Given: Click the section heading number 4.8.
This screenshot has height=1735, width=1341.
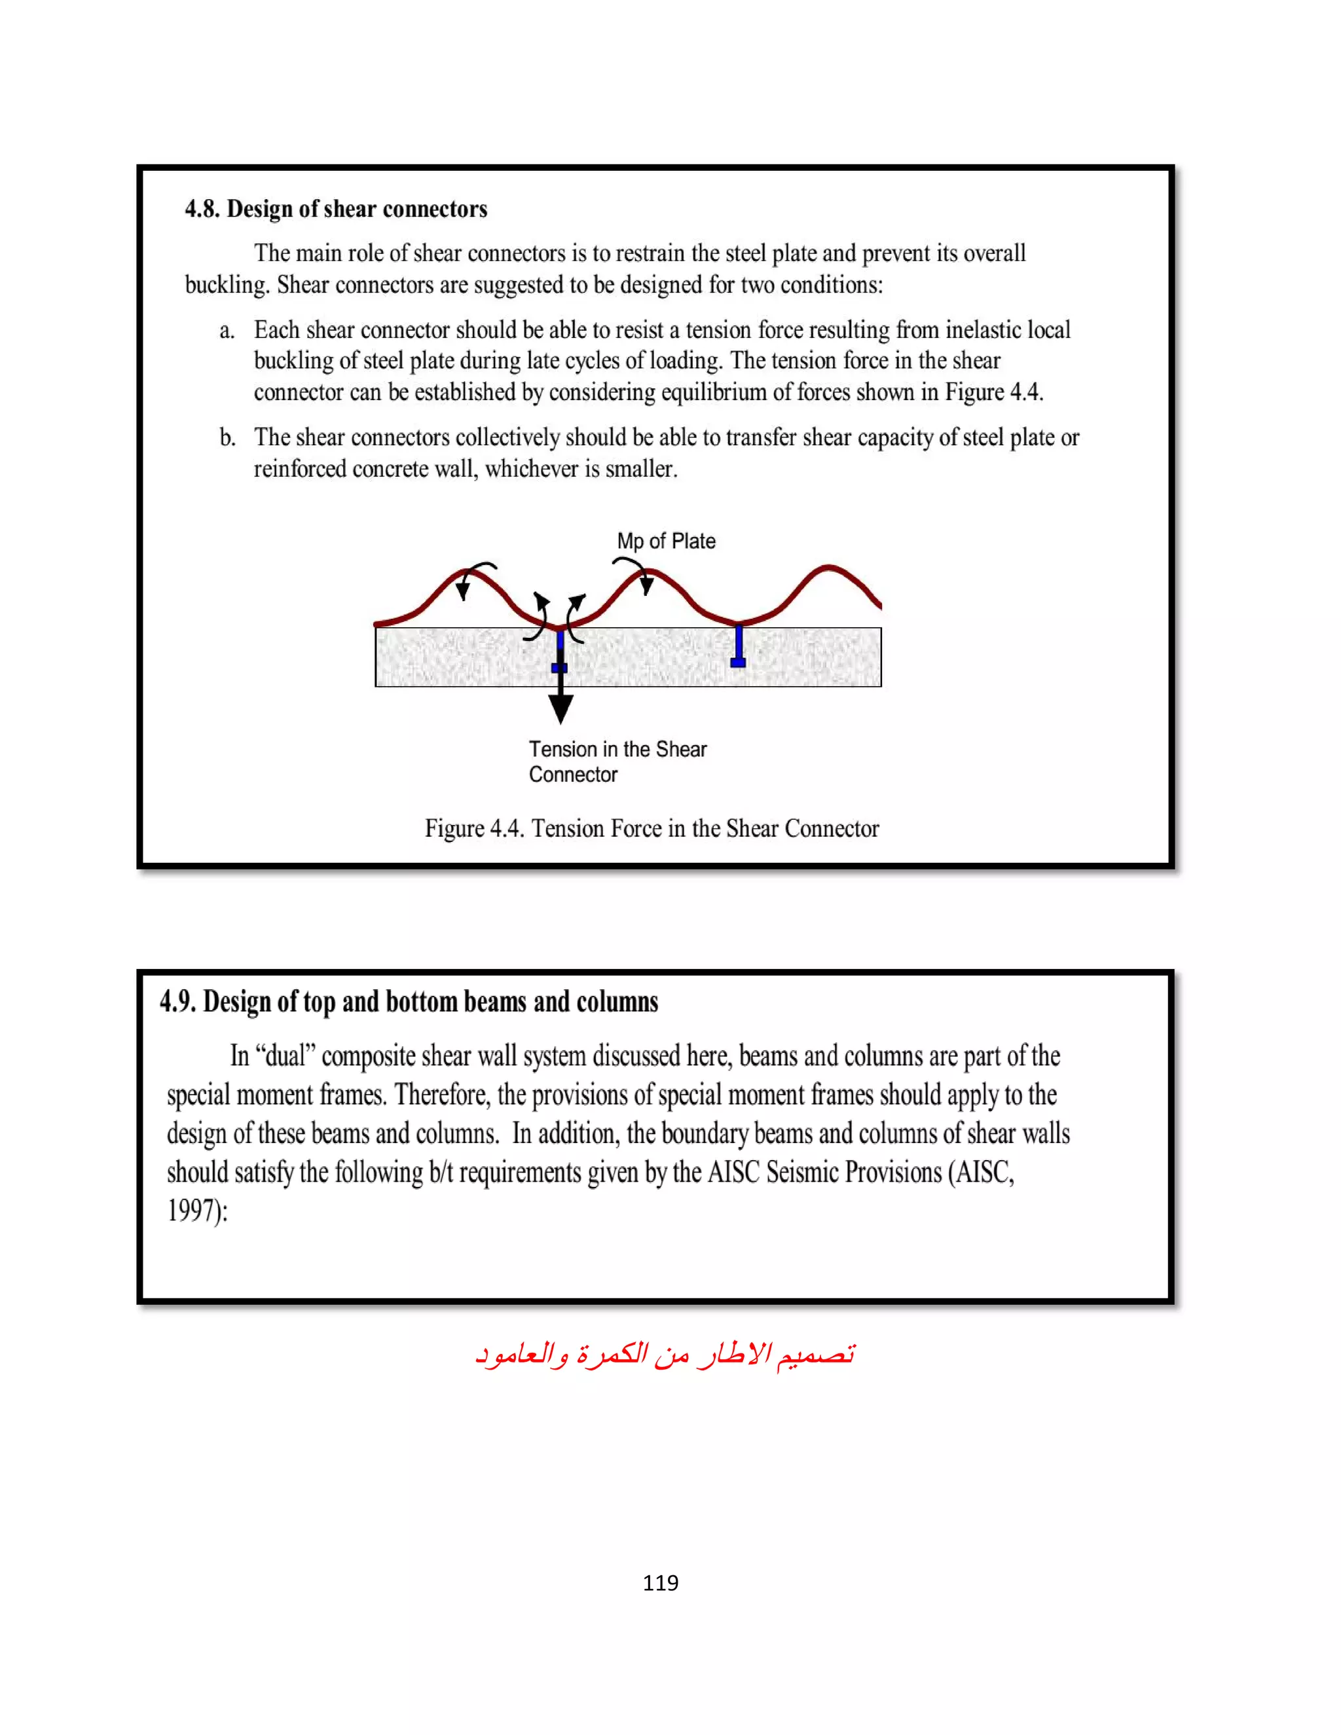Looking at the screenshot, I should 202,209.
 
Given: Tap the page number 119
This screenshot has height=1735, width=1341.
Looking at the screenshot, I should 660,1582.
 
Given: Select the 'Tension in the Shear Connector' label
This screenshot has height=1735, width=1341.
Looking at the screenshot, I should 617,761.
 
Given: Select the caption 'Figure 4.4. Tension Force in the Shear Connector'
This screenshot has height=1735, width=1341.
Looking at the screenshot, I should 652,829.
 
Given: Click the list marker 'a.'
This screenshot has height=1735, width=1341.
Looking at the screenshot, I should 227,331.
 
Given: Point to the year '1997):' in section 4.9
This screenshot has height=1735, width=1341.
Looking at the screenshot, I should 197,1211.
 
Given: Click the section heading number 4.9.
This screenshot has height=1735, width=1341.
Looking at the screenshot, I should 177,1002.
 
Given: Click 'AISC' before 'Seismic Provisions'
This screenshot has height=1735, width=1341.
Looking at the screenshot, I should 733,1173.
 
